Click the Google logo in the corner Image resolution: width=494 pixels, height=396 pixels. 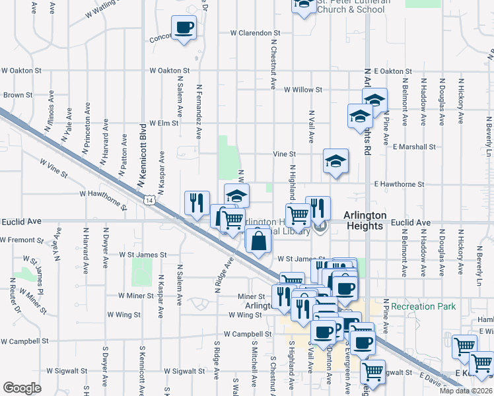click(22, 388)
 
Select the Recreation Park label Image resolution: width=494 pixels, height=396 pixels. click(423, 307)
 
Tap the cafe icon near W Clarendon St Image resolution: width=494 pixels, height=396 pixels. click(184, 28)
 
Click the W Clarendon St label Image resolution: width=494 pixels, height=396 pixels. click(256, 32)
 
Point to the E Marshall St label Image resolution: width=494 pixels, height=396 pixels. click(414, 147)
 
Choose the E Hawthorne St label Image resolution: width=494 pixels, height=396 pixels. click(398, 184)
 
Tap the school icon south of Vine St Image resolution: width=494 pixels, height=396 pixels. click(335, 160)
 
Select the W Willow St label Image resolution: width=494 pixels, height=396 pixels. click(302, 90)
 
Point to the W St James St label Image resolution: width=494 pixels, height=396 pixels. click(143, 254)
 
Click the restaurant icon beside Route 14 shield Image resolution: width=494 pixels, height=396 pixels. click(197, 203)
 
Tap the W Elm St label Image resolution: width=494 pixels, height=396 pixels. click(164, 123)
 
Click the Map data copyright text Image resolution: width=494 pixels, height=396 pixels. click(466, 391)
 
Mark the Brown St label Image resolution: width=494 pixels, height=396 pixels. click(18, 95)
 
